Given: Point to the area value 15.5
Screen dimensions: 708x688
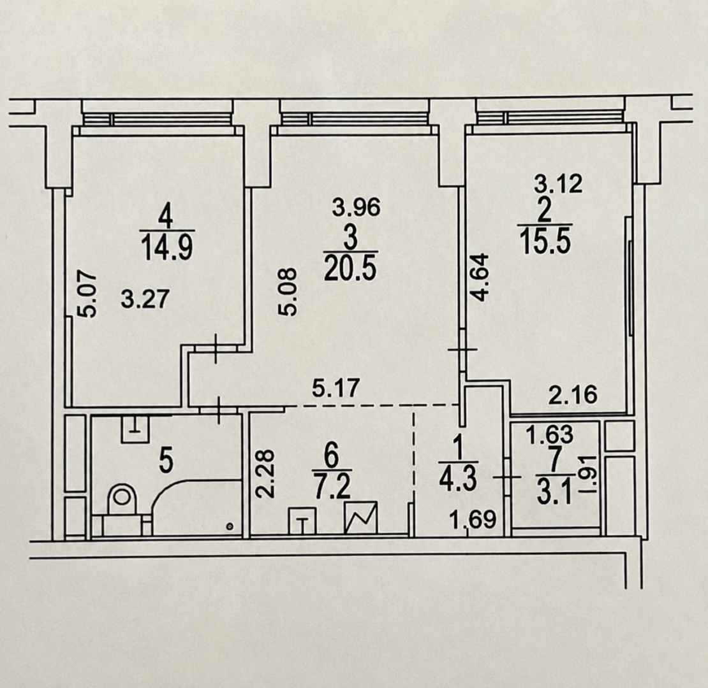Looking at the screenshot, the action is [545, 241].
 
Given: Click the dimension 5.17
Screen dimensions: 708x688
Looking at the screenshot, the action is [336, 388].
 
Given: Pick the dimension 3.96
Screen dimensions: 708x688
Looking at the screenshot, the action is [357, 208].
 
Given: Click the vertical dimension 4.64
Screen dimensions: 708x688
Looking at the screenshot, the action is [479, 277].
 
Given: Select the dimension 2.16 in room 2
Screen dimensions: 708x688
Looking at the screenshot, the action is [573, 395].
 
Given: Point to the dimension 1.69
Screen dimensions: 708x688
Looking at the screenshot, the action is [474, 519].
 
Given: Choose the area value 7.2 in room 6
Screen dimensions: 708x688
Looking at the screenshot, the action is [332, 487].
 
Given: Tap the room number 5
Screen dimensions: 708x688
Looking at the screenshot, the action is [166, 462].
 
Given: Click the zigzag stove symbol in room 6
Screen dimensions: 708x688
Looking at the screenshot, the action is [361, 518].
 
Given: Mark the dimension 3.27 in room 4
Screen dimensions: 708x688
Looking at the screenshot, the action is [146, 299].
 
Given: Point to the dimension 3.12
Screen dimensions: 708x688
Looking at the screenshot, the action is [559, 184].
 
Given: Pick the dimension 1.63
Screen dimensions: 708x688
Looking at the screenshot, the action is [550, 435].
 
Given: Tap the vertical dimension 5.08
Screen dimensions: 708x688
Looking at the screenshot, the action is [287, 291].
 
